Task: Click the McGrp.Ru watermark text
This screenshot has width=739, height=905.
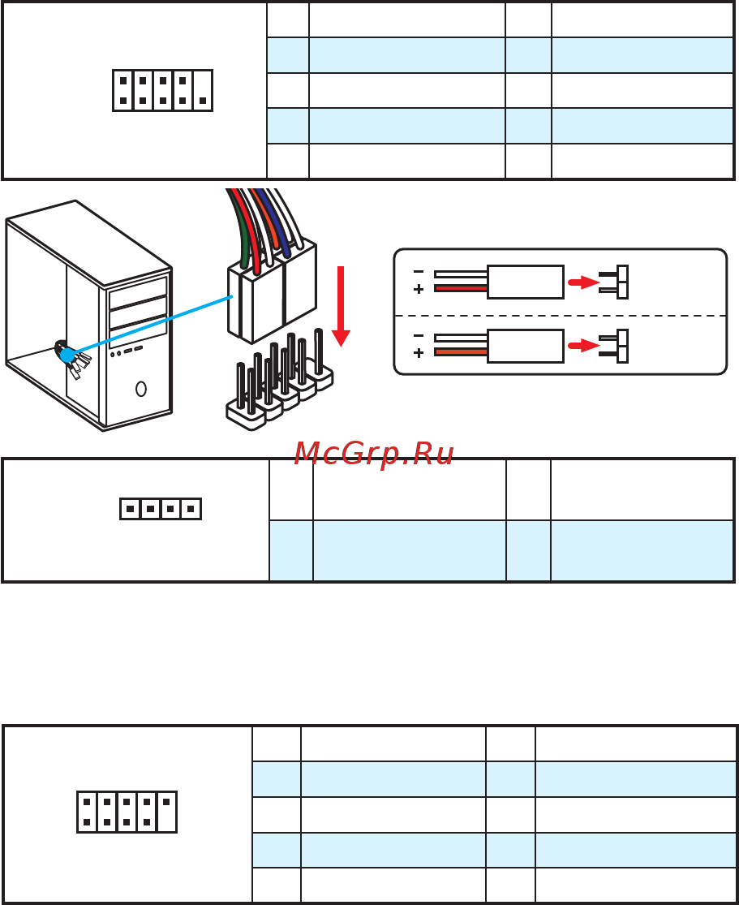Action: coord(374,454)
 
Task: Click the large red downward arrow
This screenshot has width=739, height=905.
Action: coord(341,306)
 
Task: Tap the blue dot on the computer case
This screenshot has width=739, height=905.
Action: coord(67,355)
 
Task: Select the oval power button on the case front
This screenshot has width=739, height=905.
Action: coord(141,389)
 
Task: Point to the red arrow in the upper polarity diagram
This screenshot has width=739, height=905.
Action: coord(584,282)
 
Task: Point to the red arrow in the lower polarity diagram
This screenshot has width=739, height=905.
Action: coord(584,346)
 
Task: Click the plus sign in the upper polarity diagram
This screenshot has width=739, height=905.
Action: coord(419,289)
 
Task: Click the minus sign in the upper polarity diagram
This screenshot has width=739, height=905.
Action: coord(419,271)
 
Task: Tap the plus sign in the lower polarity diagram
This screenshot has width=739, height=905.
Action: coord(419,352)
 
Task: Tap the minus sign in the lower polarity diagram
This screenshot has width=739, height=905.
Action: coord(419,335)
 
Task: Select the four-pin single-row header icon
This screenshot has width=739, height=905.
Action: coord(161,509)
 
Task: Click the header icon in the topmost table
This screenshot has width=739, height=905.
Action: coord(163,91)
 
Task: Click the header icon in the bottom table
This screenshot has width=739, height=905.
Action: coord(127,812)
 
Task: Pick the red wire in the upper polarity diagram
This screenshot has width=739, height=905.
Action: coord(461,288)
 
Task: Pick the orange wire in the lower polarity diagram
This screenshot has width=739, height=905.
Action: coord(461,352)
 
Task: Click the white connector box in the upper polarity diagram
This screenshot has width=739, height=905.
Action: coord(526,282)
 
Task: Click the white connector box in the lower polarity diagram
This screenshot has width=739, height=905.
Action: coord(526,346)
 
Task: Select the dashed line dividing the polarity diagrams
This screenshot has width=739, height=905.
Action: coord(561,316)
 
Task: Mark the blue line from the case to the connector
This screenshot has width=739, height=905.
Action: coord(151,325)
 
